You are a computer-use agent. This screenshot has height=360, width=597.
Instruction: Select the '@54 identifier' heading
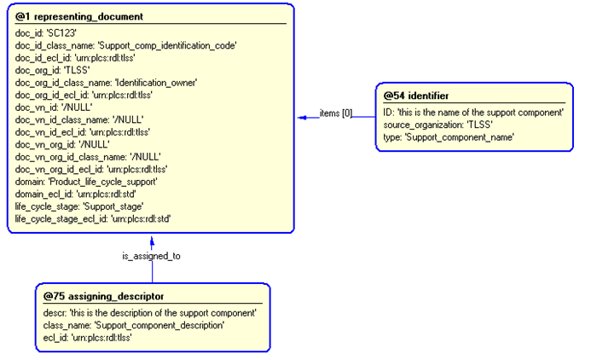[416, 96]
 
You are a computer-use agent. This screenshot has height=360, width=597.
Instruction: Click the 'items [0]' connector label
[335, 112]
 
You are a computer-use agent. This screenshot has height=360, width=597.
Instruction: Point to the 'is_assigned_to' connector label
[151, 255]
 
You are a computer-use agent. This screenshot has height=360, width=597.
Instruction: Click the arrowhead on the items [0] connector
[302, 117]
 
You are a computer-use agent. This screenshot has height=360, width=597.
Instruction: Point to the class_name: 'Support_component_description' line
[133, 325]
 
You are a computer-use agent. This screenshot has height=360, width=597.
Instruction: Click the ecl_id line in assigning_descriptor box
[87, 337]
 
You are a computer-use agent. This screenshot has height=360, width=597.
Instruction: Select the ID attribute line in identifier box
[473, 112]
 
